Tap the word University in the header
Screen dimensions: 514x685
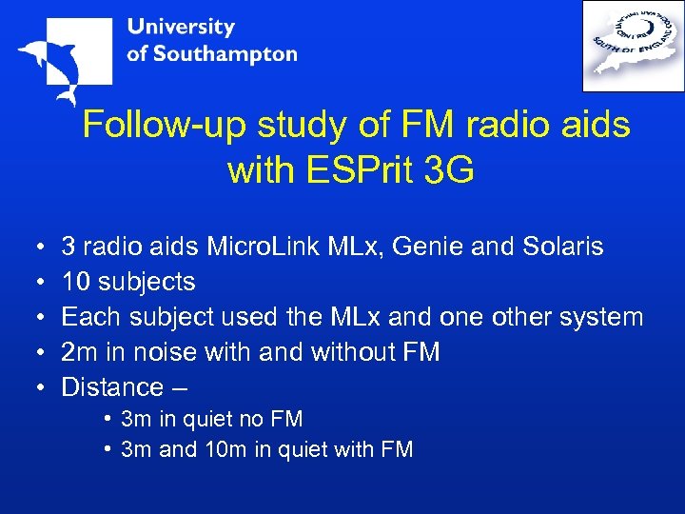coord(180,27)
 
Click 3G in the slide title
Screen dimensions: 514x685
coord(450,171)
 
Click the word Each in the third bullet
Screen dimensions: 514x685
coord(86,317)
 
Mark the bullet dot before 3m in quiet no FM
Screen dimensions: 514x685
coord(110,419)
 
